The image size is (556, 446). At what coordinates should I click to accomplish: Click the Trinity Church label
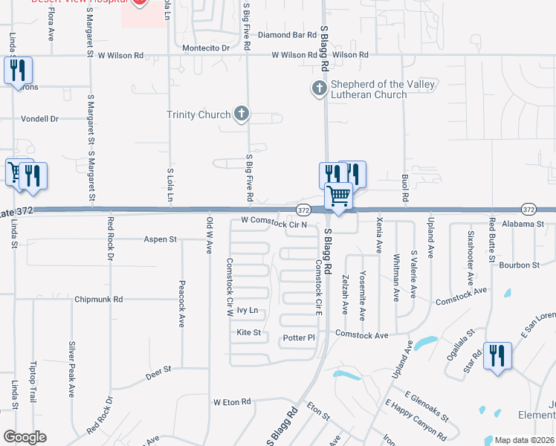click(198, 114)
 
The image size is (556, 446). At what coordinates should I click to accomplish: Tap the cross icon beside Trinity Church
click(240, 114)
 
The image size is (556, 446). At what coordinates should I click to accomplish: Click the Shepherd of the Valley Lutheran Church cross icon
click(318, 89)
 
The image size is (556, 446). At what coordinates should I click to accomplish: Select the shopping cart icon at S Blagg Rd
click(339, 197)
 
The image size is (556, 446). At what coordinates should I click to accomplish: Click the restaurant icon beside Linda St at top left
click(17, 71)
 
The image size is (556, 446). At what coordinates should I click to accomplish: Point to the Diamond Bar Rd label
click(288, 35)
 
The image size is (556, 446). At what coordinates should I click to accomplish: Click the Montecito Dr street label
click(206, 48)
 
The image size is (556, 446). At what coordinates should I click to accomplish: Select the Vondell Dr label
click(39, 119)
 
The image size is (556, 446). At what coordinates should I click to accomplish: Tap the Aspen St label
click(160, 239)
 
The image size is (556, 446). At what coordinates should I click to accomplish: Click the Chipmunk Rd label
click(98, 300)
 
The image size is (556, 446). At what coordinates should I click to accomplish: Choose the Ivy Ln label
click(247, 310)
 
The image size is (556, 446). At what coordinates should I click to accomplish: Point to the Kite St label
click(248, 332)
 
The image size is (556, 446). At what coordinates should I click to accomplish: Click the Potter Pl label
click(300, 338)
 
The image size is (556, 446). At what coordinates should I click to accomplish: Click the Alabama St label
click(523, 224)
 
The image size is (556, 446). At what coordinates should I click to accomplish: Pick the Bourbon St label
click(519, 265)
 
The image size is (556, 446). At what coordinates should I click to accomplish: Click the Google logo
click(25, 437)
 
